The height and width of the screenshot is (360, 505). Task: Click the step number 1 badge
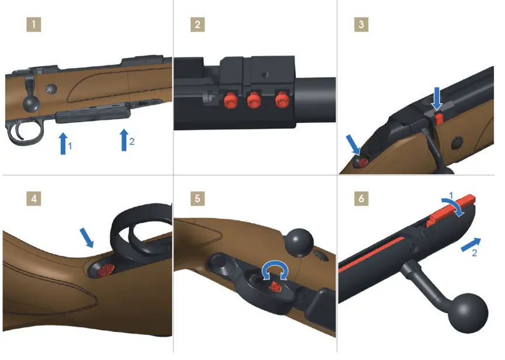click(36, 25)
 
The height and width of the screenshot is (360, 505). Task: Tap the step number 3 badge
click(362, 25)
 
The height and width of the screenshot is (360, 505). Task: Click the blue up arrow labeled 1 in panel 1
click(63, 144)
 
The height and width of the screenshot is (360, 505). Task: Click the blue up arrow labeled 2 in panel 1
click(124, 140)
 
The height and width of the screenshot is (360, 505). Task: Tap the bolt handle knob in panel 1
click(31, 103)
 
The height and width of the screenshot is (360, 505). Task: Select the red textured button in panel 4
click(105, 271)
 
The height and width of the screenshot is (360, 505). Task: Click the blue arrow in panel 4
click(87, 237)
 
